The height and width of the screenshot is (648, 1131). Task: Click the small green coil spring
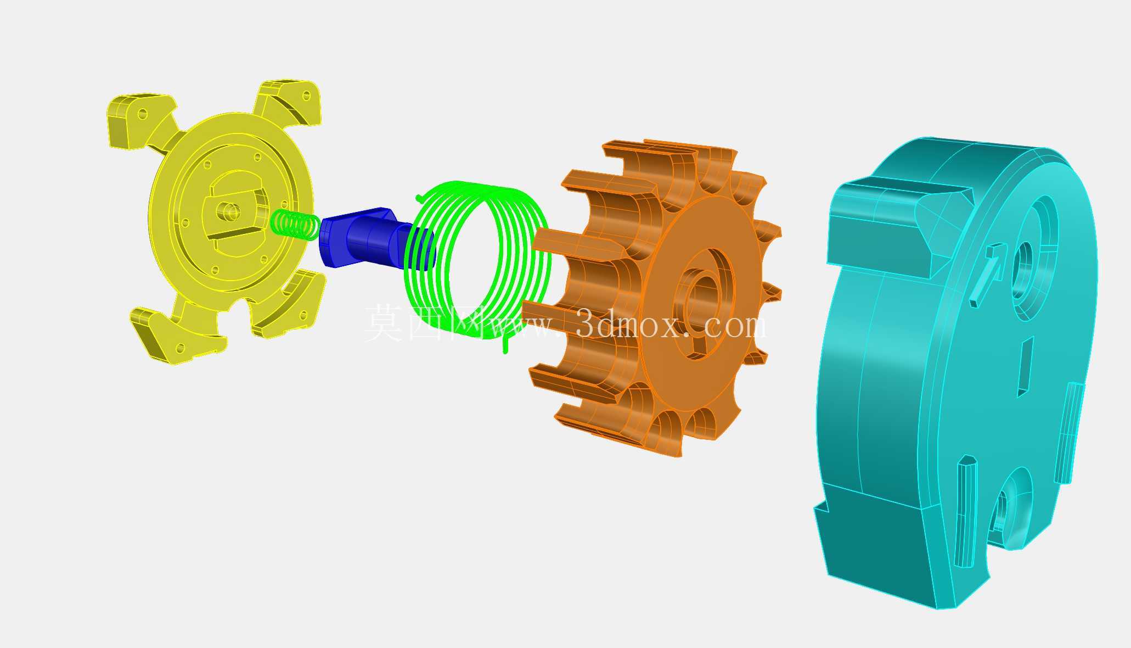coord(295,225)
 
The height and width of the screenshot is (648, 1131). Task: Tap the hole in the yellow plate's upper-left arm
coord(143,114)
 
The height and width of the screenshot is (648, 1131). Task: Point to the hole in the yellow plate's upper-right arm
coord(306,96)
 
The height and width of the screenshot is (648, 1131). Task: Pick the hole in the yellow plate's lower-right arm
coord(303,315)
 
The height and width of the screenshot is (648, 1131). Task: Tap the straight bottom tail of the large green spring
coord(505,343)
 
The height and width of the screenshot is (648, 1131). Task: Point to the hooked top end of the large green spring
coord(420,197)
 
